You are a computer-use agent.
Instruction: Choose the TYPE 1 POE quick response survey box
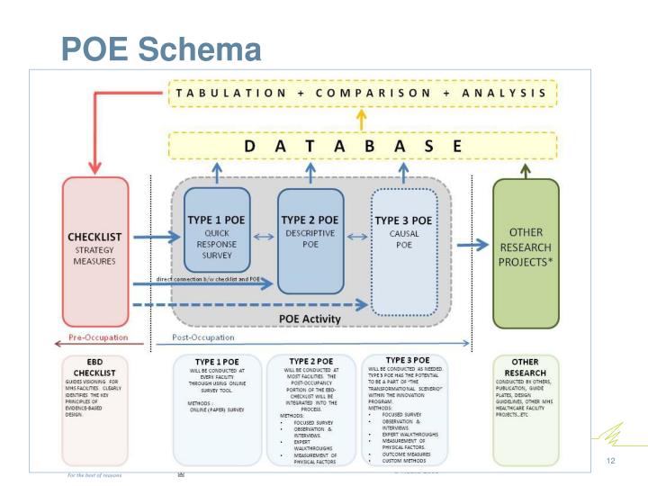pyautogui.click(x=217, y=229)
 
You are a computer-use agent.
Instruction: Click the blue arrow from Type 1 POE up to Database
pyautogui.click(x=217, y=173)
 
